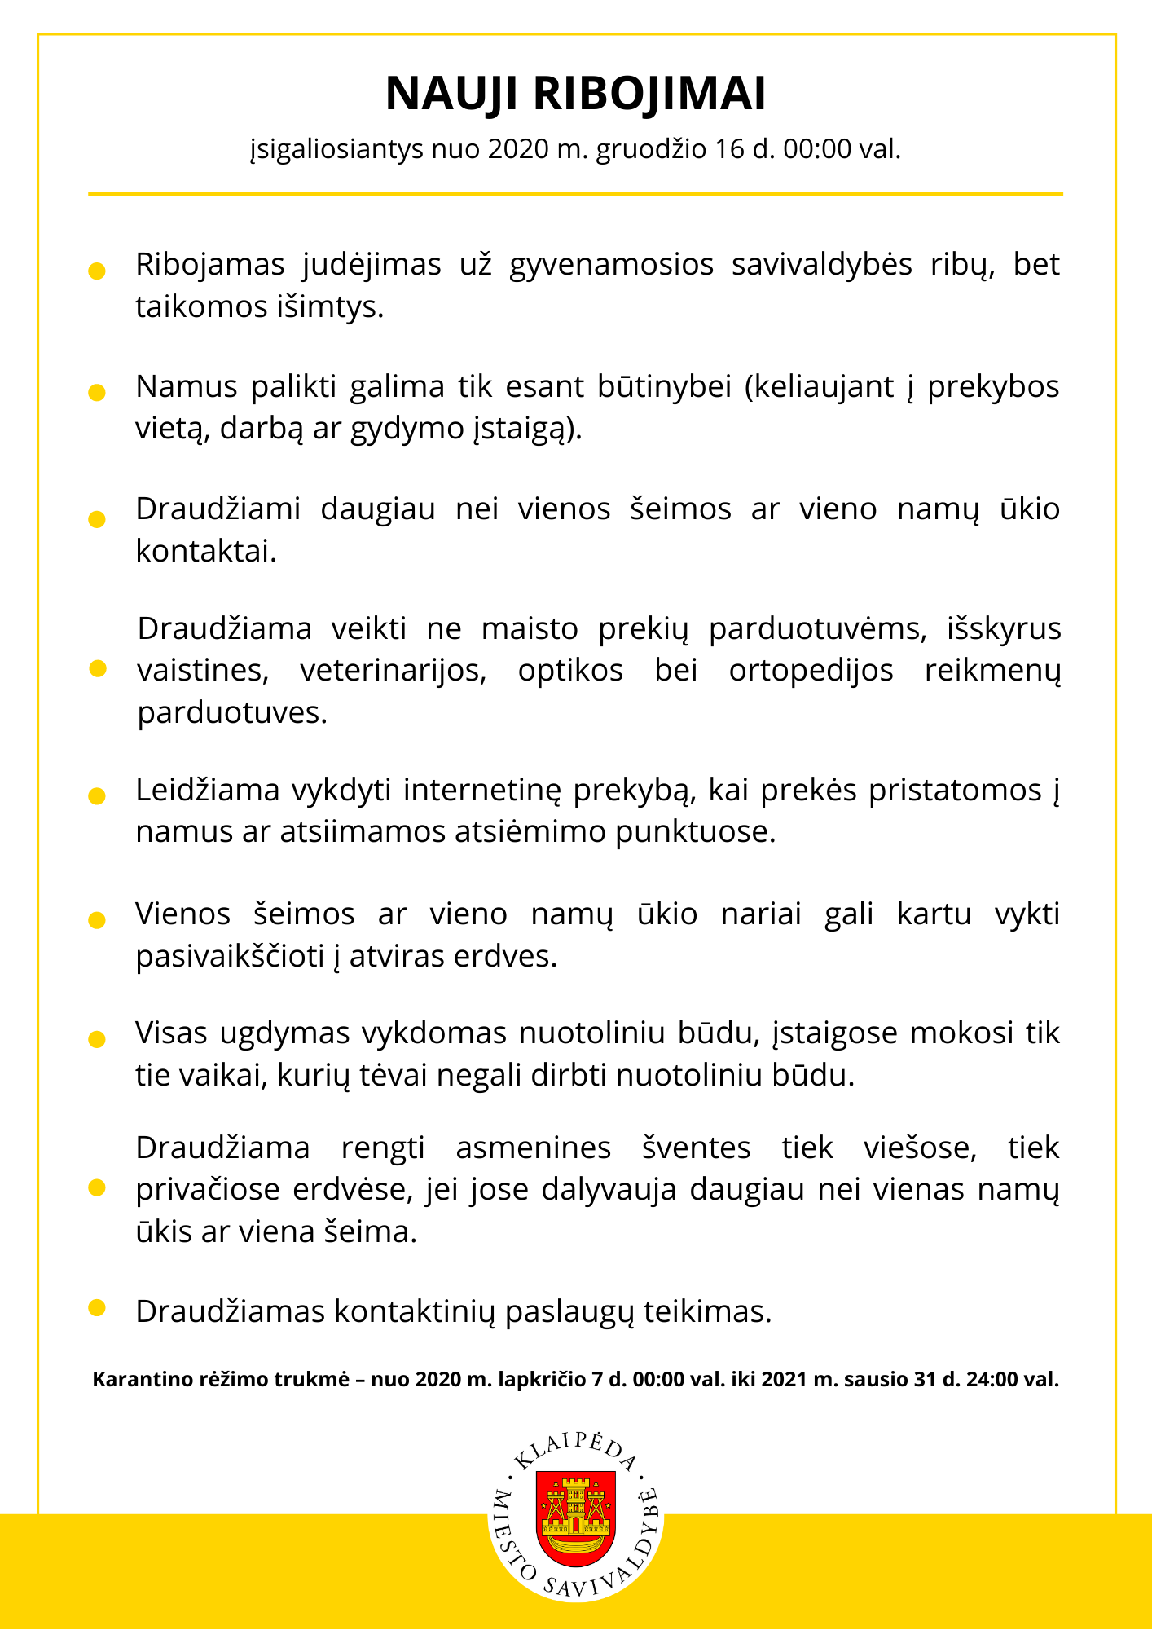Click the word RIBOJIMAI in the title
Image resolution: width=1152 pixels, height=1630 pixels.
(x=649, y=94)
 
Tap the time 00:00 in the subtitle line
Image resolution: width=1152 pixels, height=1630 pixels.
(x=816, y=149)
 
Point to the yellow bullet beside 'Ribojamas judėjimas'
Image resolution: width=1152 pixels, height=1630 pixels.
(x=97, y=271)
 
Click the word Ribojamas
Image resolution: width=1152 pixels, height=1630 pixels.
(x=209, y=265)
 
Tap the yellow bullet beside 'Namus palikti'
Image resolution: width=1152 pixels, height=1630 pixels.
(x=97, y=393)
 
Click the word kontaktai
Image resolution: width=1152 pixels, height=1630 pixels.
(x=206, y=552)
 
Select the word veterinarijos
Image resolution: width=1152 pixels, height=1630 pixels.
(x=393, y=671)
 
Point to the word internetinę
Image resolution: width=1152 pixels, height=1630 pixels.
(x=482, y=791)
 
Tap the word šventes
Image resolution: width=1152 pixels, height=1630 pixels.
(x=696, y=1148)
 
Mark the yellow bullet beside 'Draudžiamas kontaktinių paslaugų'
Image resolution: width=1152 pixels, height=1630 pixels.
(x=97, y=1308)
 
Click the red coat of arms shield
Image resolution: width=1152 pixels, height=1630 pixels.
(x=576, y=1518)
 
